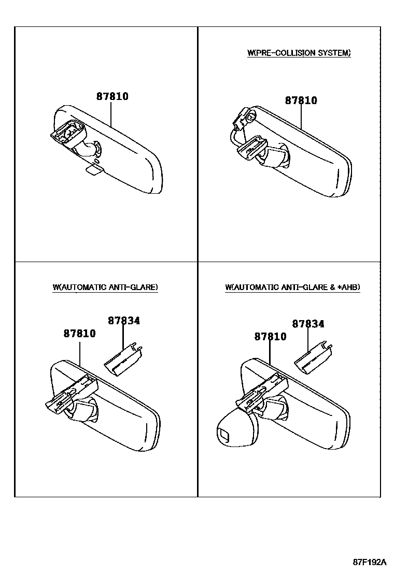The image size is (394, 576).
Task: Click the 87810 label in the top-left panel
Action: tap(112, 96)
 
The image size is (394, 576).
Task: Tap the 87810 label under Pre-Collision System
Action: tap(301, 100)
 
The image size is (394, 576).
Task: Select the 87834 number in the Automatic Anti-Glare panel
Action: tap(124, 321)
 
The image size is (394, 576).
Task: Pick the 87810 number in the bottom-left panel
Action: tap(79, 334)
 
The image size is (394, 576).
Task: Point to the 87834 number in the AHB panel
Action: tap(308, 324)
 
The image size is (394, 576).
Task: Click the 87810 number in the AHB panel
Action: tap(271, 337)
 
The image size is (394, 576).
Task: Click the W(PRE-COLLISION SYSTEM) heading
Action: tap(299, 53)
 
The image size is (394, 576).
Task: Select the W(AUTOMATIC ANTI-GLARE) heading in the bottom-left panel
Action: tap(105, 287)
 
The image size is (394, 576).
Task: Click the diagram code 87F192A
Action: tap(370, 561)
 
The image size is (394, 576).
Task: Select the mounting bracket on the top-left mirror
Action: tap(68, 132)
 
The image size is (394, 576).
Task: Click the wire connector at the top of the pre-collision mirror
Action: tap(244, 117)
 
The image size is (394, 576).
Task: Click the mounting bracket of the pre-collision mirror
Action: tap(251, 148)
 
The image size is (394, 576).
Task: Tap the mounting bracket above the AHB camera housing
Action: tap(262, 392)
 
